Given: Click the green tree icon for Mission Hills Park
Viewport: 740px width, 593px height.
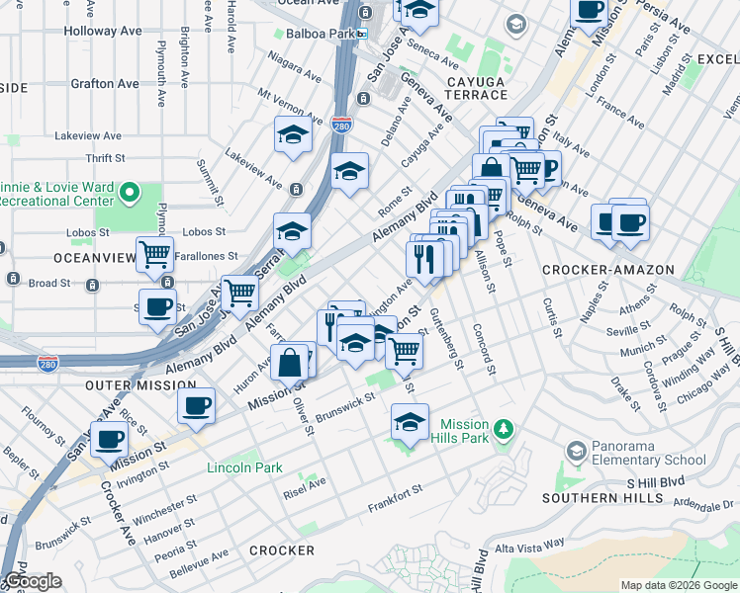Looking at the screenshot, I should [x=505, y=429].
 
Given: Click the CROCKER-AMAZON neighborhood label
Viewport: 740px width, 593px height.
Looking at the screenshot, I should [x=607, y=270].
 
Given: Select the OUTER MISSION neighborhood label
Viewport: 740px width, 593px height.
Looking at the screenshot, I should [x=137, y=383].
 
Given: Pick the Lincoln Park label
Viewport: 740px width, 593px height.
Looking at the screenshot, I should [x=244, y=467].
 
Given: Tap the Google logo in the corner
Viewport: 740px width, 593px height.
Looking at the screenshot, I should [x=33, y=581].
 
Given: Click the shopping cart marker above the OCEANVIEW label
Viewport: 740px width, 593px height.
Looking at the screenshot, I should [x=154, y=254].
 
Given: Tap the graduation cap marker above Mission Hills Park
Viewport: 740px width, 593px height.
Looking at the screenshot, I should [x=410, y=422].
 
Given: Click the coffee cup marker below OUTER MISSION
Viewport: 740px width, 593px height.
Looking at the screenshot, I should [x=196, y=405].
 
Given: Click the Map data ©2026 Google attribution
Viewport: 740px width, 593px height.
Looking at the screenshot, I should [x=678, y=585].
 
